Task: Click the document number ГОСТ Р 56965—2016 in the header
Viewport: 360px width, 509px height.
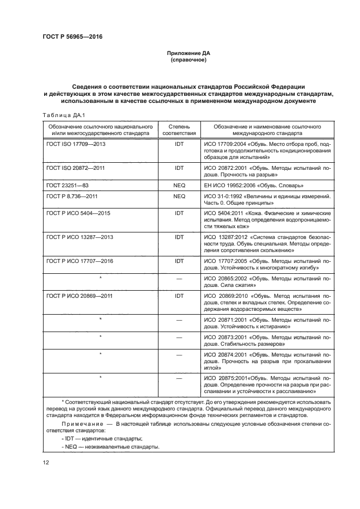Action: tap(72, 37)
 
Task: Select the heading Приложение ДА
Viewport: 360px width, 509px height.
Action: tap(188, 53)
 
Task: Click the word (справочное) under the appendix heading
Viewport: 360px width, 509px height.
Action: tap(188, 60)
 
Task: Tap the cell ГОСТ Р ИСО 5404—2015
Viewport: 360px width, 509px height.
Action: tap(78, 213)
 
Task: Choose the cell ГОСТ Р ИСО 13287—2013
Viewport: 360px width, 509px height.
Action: tap(80, 238)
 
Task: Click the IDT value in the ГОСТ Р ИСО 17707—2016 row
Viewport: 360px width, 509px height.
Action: tap(179, 261)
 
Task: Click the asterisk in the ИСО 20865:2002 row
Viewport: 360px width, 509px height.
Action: tap(101, 278)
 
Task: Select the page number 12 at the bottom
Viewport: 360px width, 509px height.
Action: tap(46, 463)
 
